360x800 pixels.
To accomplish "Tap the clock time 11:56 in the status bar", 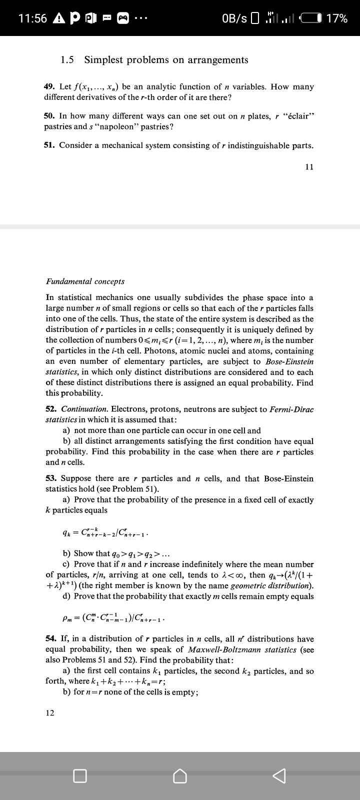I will (x=32, y=18).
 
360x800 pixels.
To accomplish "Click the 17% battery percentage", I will (x=336, y=18).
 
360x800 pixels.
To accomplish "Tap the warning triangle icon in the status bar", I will (x=58, y=18).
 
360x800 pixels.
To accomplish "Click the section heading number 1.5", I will (x=67, y=60).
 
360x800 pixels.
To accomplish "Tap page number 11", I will (x=309, y=167).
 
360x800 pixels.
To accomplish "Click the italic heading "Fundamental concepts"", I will (x=85, y=281).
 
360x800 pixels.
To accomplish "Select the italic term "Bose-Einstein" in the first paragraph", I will (x=288, y=361).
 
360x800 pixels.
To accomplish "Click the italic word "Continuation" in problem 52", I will (x=84, y=409).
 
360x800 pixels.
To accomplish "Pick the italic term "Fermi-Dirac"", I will (x=291, y=409).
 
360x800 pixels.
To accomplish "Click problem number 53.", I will (x=50, y=478).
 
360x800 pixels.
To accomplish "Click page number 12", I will (x=50, y=712).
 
